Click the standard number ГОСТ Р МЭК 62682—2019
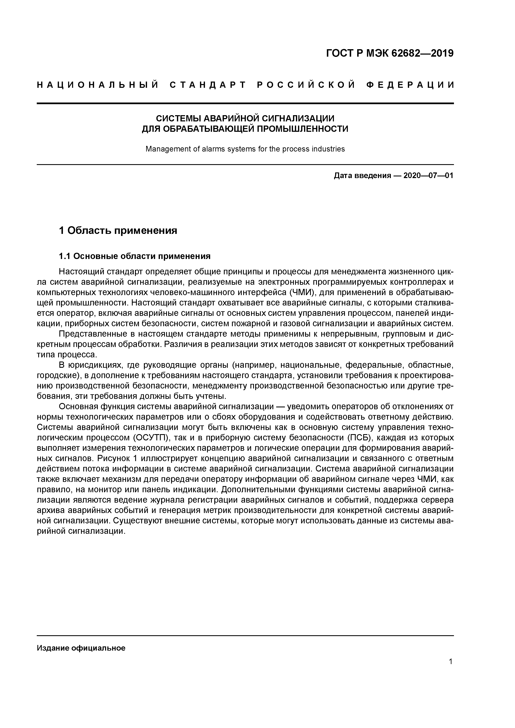[390, 53]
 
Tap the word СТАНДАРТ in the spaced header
[208, 85]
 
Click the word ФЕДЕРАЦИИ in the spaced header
[410, 85]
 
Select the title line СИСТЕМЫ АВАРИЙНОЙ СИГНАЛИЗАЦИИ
[245, 118]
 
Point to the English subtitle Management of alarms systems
[245, 149]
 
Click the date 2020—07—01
[428, 175]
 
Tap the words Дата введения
[362, 175]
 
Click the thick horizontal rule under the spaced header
[245, 103]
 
